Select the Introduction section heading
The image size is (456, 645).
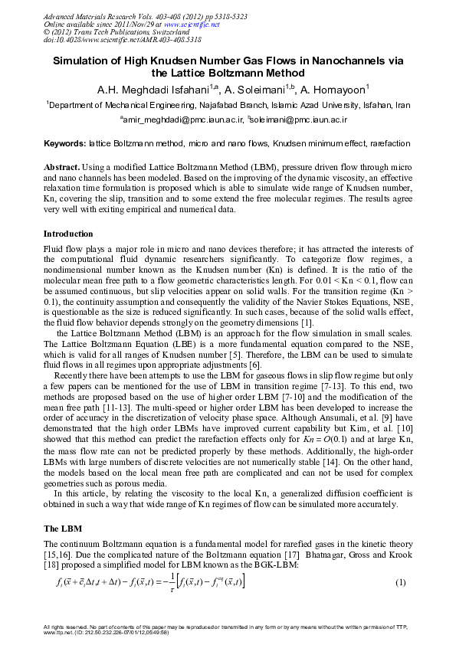(x=68, y=233)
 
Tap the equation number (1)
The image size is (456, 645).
(x=399, y=583)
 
